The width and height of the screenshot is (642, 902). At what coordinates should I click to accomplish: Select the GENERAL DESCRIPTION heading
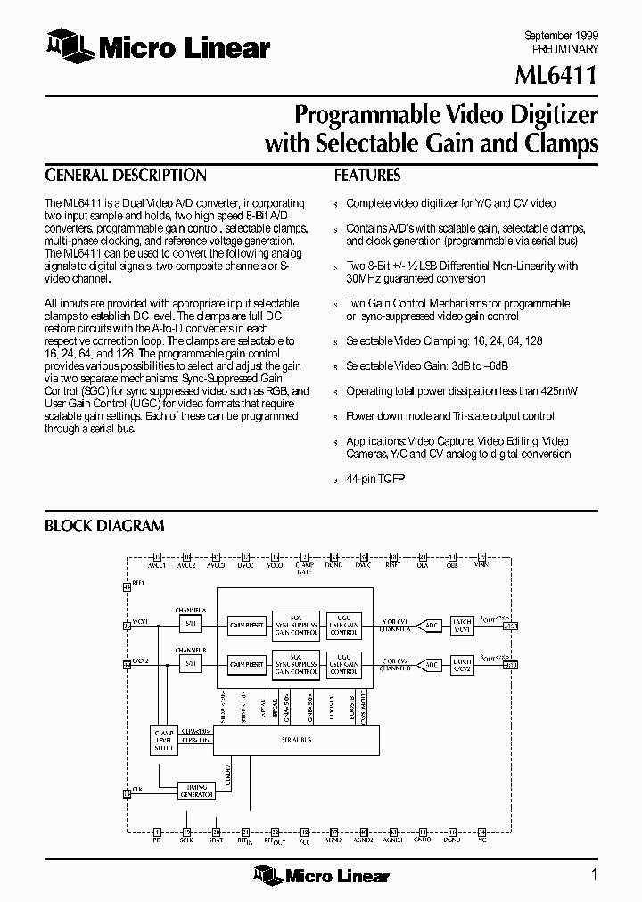coord(126,176)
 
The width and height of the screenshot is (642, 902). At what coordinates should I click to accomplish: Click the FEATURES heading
coord(367,176)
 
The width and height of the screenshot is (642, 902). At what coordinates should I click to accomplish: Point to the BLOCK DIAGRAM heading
coord(104,527)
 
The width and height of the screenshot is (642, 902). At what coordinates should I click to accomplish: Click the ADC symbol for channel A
coord(431,625)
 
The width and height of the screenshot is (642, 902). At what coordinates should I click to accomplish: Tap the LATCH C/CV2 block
coord(462,665)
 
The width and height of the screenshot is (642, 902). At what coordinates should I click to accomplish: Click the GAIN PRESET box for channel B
coord(245,665)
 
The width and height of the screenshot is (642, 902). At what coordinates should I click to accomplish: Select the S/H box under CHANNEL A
coord(189,624)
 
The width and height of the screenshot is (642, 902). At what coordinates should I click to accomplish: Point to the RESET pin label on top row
coord(392,565)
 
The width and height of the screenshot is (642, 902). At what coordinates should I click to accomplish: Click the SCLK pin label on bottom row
coord(185,840)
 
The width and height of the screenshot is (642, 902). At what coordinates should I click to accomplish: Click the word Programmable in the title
coord(366,115)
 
